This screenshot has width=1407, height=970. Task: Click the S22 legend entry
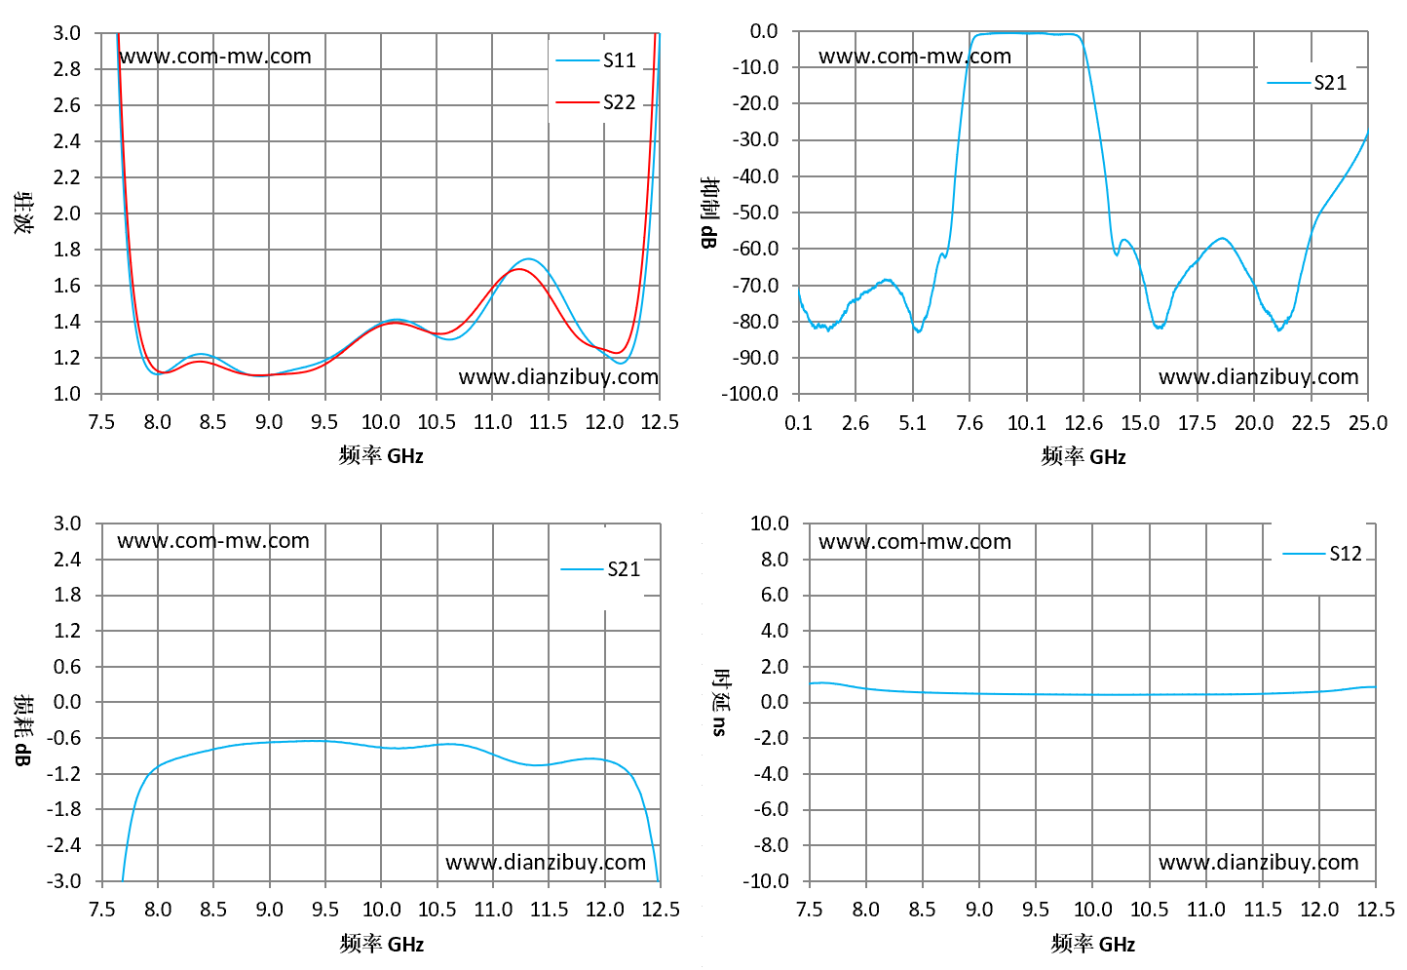pos(595,101)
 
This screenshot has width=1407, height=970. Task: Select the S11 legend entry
pos(595,60)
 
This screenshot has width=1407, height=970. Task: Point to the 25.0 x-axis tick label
pos(1367,423)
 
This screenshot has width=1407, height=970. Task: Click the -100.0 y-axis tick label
pos(750,394)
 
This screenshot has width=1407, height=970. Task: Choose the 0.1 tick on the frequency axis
pos(798,423)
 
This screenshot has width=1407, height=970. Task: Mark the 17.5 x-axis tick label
pos(1197,423)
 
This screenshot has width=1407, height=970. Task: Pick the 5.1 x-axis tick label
pos(912,423)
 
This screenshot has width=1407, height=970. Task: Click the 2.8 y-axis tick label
pos(66,68)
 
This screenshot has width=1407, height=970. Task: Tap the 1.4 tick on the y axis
pos(66,322)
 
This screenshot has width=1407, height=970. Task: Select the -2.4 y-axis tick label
pos(64,845)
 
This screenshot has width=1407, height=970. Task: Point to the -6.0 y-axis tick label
pos(771,809)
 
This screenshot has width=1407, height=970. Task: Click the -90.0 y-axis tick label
pos(755,358)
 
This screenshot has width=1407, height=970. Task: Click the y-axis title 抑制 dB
pos(710,213)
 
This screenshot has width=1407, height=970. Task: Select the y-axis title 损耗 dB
pos(23,730)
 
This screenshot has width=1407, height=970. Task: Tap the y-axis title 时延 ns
pos(720,703)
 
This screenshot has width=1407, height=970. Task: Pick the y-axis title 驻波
pos(23,213)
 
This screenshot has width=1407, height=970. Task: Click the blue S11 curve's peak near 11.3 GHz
pos(528,259)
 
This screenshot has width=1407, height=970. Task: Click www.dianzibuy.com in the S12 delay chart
pos(1258,862)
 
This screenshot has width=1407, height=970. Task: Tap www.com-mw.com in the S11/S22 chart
pos(214,57)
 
